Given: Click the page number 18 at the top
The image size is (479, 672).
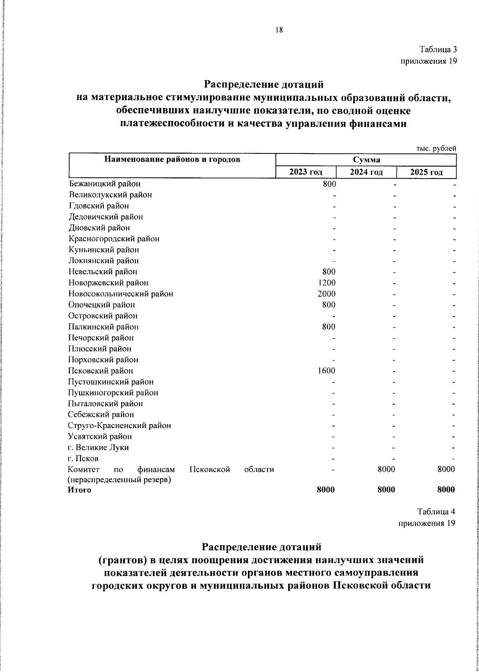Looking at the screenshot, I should click(279, 30).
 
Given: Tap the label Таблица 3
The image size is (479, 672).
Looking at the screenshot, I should click(437, 50).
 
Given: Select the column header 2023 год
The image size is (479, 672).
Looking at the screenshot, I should click(306, 172).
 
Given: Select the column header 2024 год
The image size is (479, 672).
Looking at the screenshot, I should click(366, 172).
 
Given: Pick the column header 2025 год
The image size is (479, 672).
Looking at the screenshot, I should click(426, 172).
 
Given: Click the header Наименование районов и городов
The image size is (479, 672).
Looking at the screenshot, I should click(172, 160).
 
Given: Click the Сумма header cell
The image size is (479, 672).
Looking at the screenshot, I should click(366, 160).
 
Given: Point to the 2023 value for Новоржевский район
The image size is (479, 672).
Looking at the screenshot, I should click(327, 283).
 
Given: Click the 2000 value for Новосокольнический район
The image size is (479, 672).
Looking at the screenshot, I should click(327, 294).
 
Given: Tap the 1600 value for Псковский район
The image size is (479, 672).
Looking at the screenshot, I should click(327, 371).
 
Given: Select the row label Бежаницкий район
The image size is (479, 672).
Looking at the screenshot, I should click(105, 184).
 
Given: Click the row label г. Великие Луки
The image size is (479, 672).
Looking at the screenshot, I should click(98, 447).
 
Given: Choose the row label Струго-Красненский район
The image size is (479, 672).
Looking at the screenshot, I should click(119, 425).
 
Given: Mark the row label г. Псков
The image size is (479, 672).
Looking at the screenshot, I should click(83, 458).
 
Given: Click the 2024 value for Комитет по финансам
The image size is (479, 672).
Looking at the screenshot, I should click(386, 470).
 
